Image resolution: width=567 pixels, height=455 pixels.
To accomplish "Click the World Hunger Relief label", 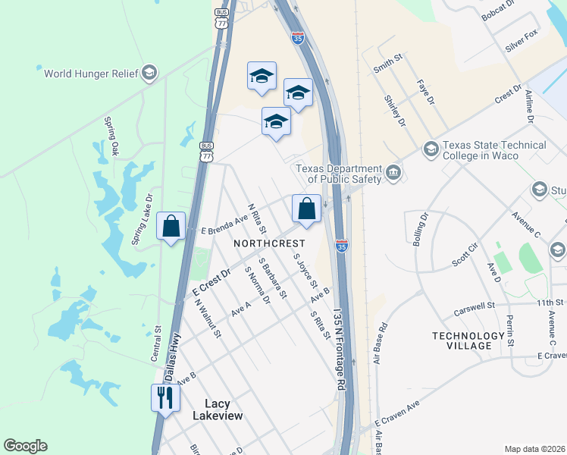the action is coord(92,74).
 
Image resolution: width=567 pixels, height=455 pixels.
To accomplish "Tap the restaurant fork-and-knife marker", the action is coord(164,397).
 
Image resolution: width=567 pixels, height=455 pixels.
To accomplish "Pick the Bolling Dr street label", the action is coord(421,229).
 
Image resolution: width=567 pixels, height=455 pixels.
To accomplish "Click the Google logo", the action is coord(25,446).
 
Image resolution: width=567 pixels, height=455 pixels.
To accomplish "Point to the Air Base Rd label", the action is coord(380,343).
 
